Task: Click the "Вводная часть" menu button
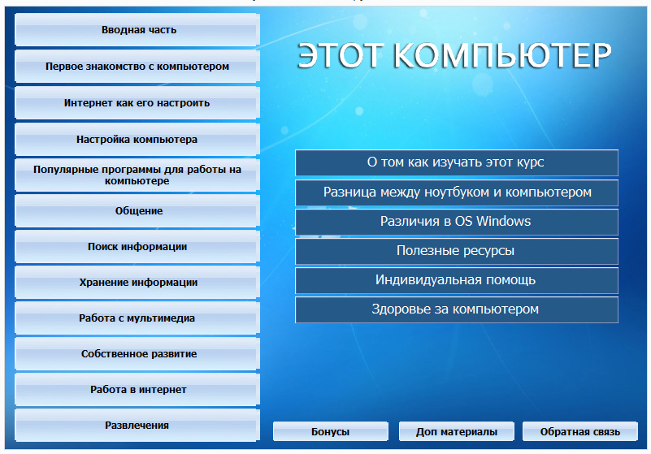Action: tap(137, 29)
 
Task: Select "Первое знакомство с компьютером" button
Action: tap(137, 66)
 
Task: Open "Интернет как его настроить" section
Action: tap(137, 102)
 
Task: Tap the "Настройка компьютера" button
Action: tap(137, 139)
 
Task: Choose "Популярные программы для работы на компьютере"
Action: tap(137, 175)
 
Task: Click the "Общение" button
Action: tap(137, 211)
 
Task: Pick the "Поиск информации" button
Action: tap(137, 247)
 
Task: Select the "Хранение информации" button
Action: tap(137, 282)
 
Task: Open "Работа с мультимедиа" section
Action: tap(137, 318)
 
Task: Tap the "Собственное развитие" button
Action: tap(137, 353)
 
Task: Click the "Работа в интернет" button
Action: tap(137, 389)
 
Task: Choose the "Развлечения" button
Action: tap(137, 425)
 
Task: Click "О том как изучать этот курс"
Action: tap(457, 162)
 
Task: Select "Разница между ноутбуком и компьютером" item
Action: tap(457, 192)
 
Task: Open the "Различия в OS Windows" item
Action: tap(457, 222)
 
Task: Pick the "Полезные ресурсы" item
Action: tap(457, 251)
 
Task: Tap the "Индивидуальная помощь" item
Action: tap(457, 280)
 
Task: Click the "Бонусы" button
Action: tap(331, 431)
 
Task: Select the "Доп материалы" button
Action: tap(456, 431)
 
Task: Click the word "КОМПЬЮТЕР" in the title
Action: tap(502, 55)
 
